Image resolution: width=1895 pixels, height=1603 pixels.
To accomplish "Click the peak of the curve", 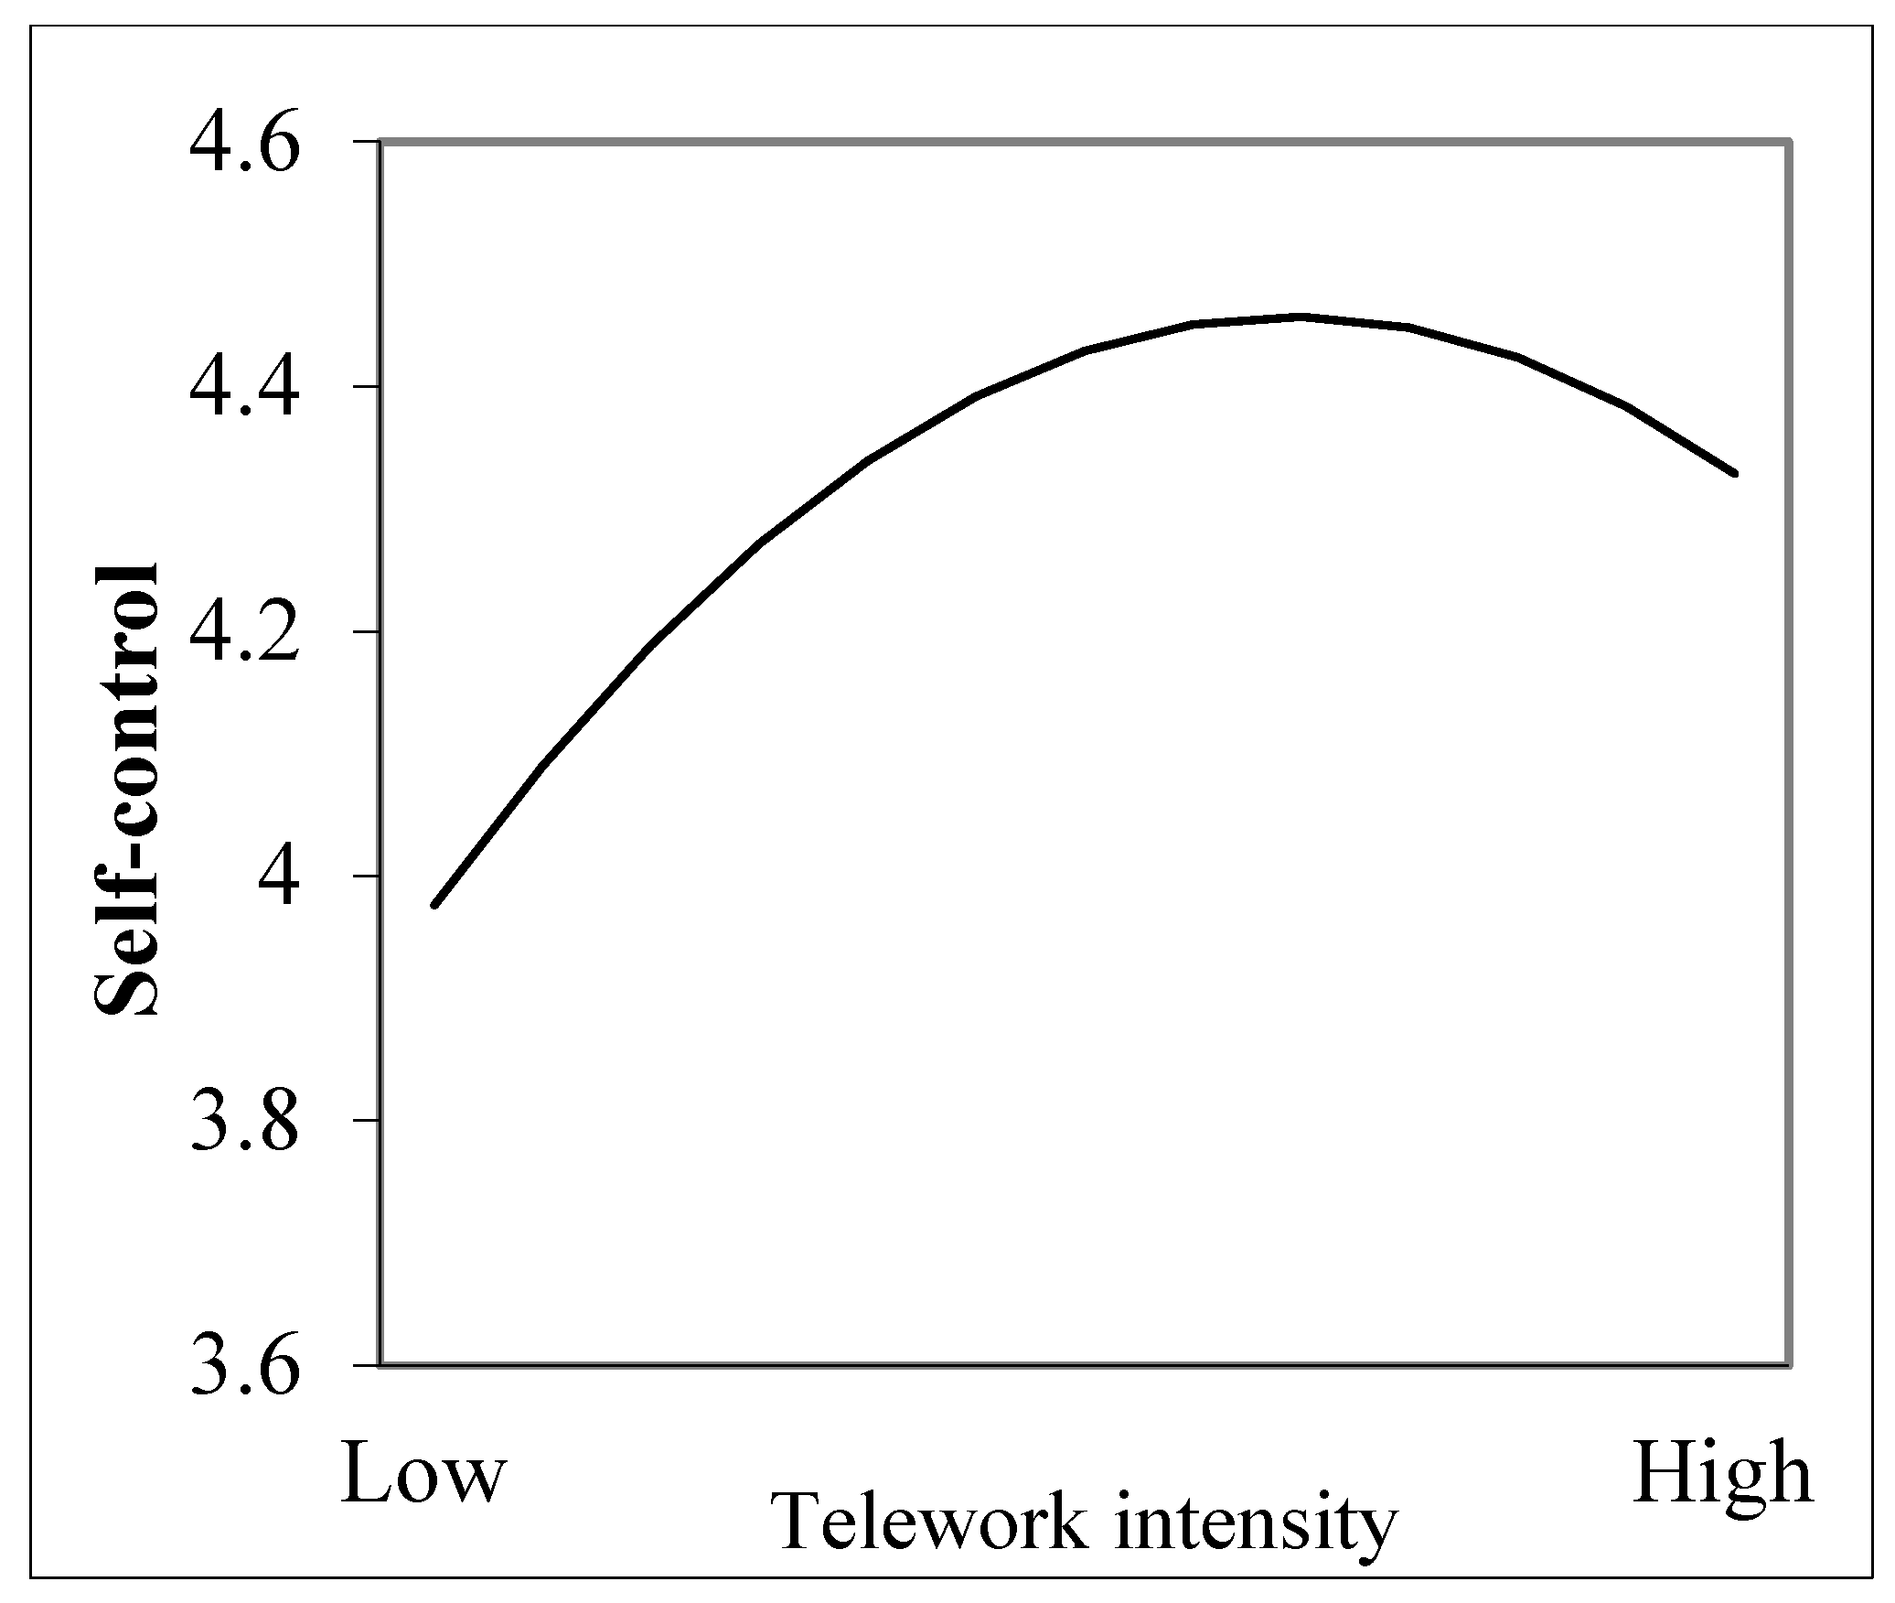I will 1299,317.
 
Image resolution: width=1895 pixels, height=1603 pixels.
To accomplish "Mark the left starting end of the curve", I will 434,905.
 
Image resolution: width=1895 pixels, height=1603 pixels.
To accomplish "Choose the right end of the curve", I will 1735,473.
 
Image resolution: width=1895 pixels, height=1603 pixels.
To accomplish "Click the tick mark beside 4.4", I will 366,387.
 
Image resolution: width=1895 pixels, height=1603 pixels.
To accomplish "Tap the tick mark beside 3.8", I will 366,1121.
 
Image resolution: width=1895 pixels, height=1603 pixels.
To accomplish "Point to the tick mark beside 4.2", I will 366,631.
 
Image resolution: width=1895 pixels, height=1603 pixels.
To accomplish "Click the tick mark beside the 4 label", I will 366,877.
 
